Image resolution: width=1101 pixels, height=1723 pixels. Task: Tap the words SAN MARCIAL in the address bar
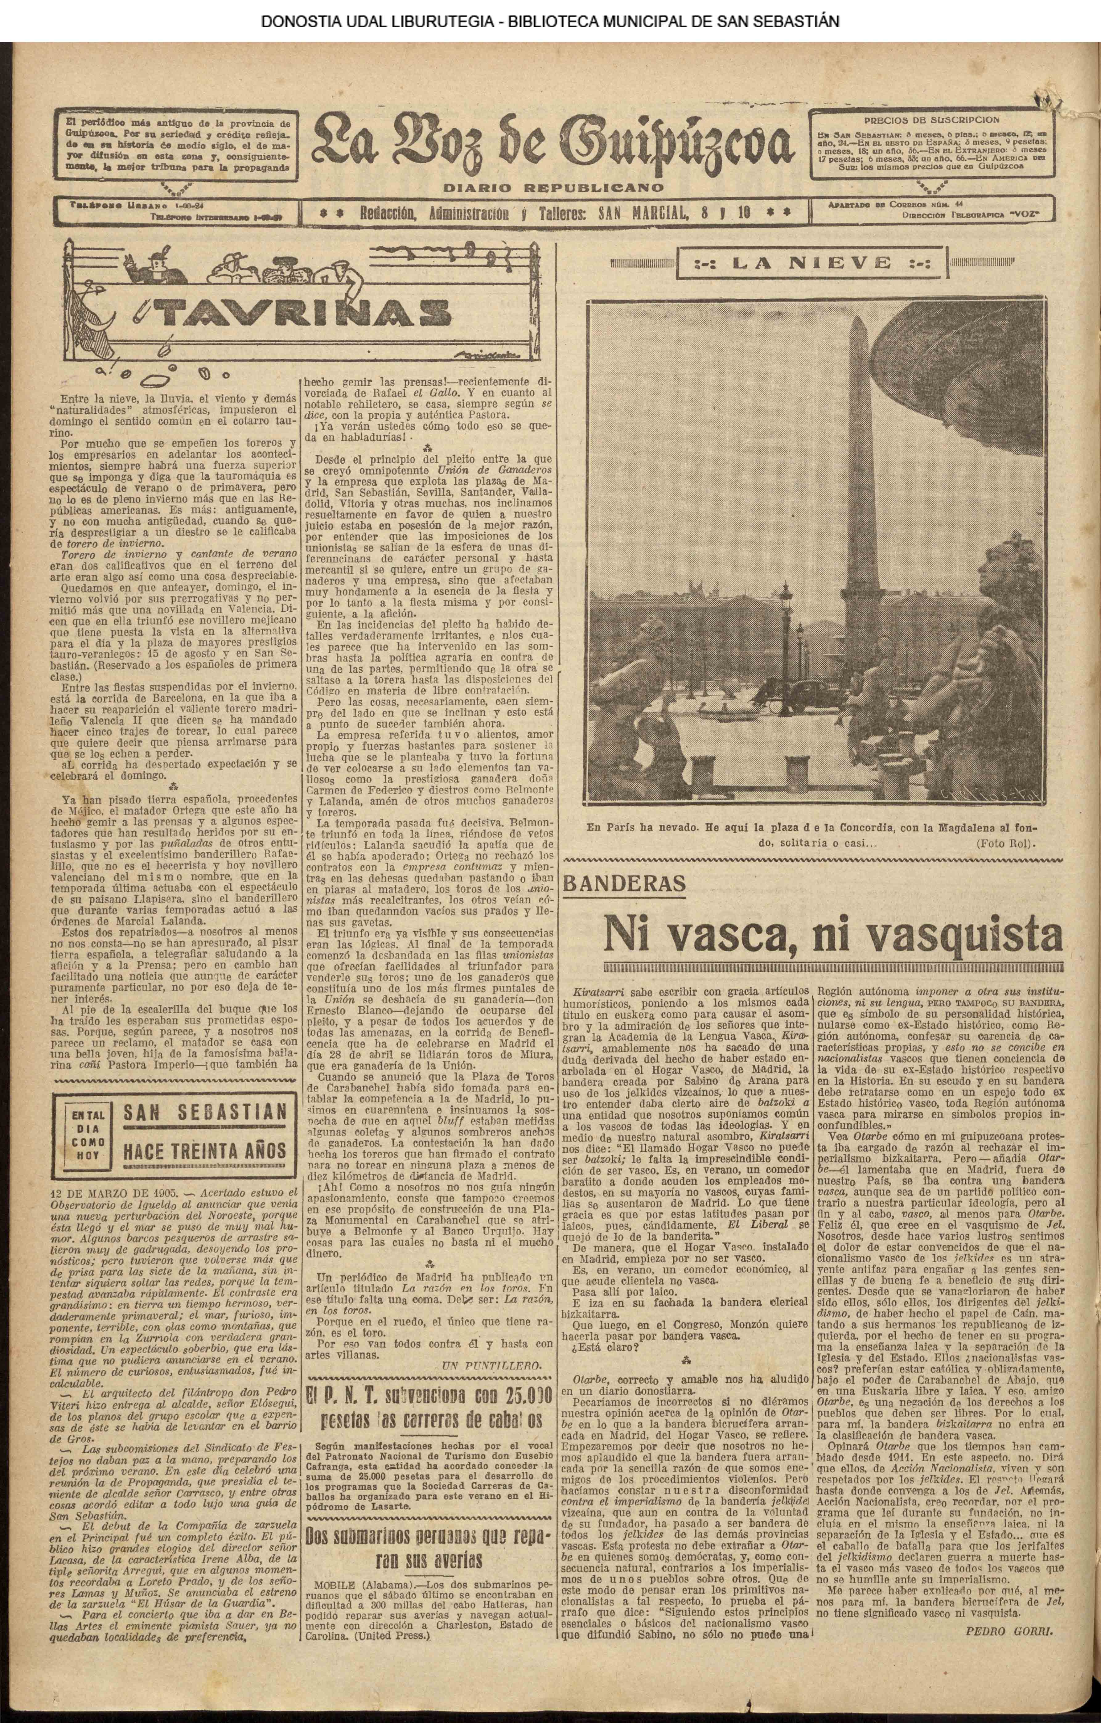pyautogui.click(x=645, y=212)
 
